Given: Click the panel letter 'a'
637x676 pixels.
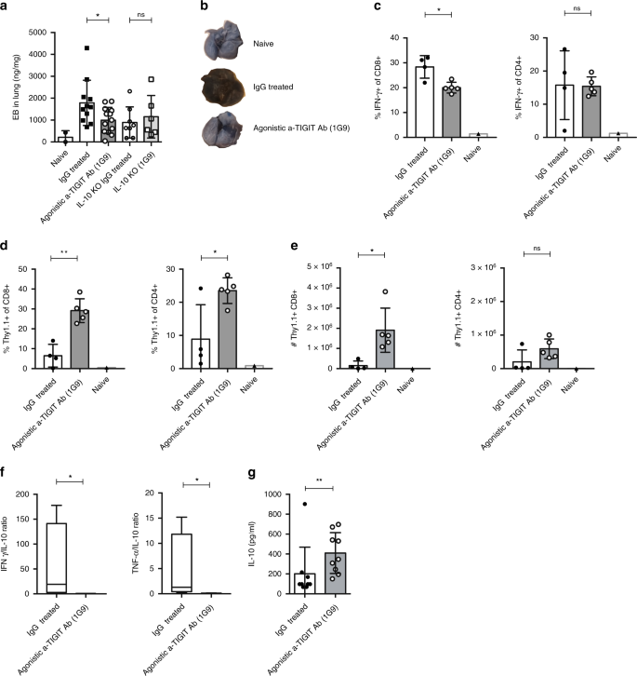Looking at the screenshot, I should point(7,8).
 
